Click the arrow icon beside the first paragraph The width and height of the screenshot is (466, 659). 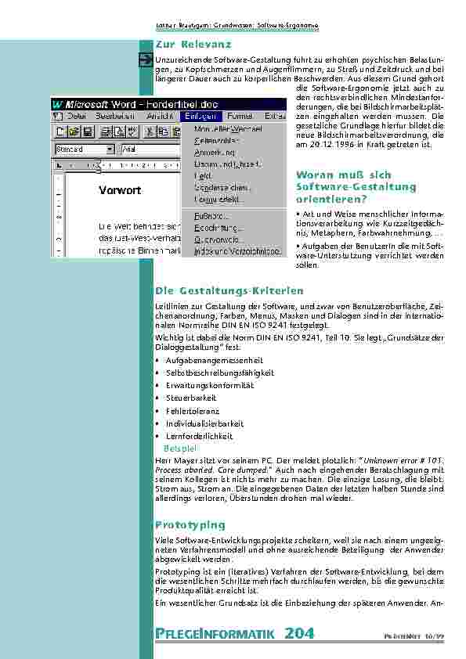coord(146,60)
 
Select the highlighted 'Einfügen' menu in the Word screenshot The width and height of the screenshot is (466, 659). coord(202,115)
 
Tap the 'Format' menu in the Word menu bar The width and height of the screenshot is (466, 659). coord(240,115)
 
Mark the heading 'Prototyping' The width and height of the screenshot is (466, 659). coord(190,524)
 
